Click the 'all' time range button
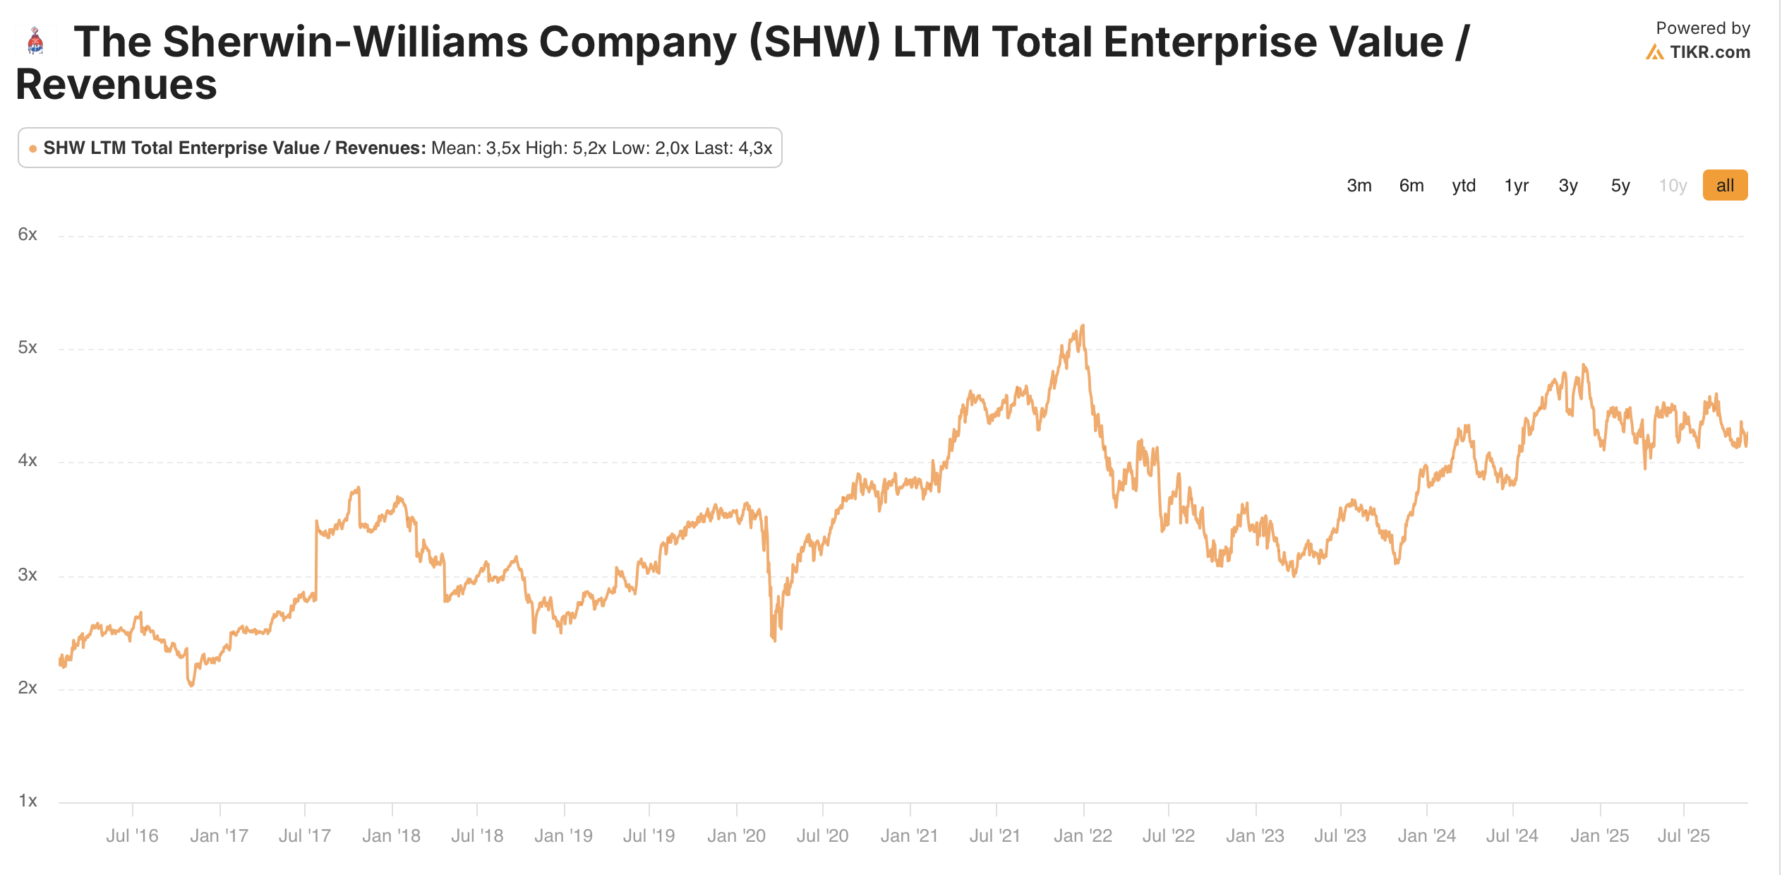click(x=1724, y=186)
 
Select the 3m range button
click(x=1359, y=186)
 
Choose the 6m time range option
click(x=1411, y=186)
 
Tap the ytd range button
click(x=1464, y=186)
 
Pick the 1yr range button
click(x=1516, y=186)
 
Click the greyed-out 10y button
click(x=1672, y=186)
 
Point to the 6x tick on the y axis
click(x=28, y=234)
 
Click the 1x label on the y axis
click(x=28, y=801)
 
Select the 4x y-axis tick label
click(x=28, y=460)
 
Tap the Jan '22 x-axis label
click(x=1083, y=836)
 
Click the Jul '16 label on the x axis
click(x=132, y=836)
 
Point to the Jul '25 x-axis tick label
click(x=1683, y=836)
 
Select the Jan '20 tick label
click(x=736, y=836)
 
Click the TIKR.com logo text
click(x=1709, y=52)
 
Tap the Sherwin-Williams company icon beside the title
click(x=35, y=41)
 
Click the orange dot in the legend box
click(x=32, y=148)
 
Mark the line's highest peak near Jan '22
click(x=1083, y=326)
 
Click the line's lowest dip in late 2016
click(x=191, y=685)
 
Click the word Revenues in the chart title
click(x=116, y=85)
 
